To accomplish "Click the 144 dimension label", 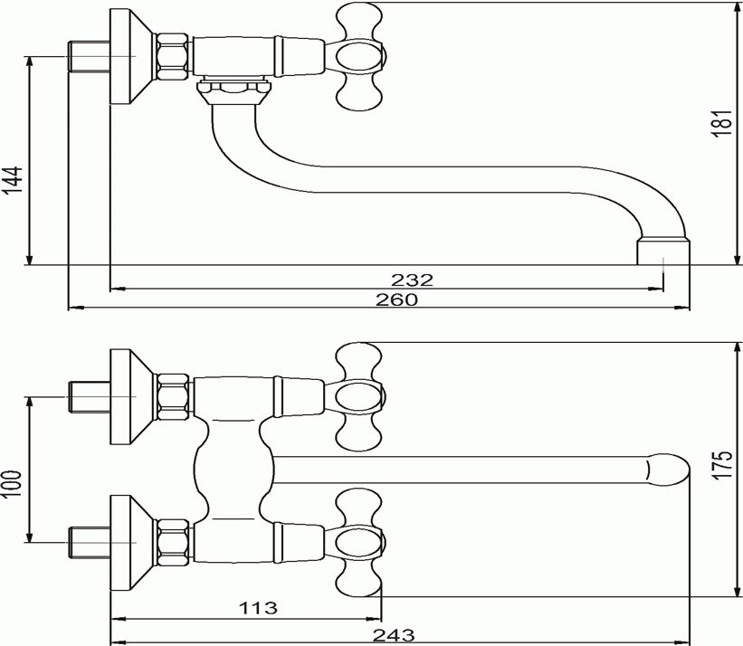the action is (13, 180).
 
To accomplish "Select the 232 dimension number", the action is (412, 280).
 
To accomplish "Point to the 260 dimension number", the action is (397, 299).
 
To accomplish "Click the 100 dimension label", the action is (12, 483).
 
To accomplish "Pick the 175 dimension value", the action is (722, 465).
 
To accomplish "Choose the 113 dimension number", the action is (258, 607).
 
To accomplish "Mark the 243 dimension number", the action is (394, 634).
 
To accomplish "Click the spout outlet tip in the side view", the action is (663, 252).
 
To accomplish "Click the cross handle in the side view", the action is (358, 57).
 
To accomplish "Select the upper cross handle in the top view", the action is (358, 396).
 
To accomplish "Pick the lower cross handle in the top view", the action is (358, 543).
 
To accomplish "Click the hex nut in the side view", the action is (173, 56).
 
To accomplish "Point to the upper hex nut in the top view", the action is (173, 397).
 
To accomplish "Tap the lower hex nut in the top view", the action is (173, 543).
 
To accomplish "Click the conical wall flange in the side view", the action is (133, 56).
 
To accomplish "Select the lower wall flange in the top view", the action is (133, 543).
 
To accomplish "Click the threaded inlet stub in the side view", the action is (89, 57).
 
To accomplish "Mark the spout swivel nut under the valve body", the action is (233, 92).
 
